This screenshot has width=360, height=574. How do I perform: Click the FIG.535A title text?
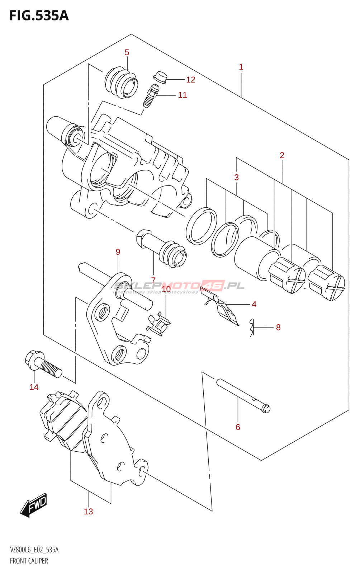pyautogui.click(x=39, y=16)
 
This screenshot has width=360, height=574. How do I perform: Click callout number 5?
pyautogui.click(x=127, y=52)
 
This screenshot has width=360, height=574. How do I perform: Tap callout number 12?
pyautogui.click(x=191, y=80)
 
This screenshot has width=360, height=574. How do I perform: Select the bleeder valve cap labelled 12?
pyautogui.click(x=160, y=77)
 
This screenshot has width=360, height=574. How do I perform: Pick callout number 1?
pyautogui.click(x=241, y=67)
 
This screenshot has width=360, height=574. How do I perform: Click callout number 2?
pyautogui.click(x=282, y=155)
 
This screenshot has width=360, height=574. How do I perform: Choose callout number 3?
pyautogui.click(x=236, y=177)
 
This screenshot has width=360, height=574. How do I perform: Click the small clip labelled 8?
pyautogui.click(x=252, y=327)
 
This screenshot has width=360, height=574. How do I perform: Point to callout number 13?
pyautogui.click(x=88, y=512)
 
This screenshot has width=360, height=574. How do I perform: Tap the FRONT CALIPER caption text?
pyautogui.click(x=29, y=561)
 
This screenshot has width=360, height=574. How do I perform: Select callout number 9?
pyautogui.click(x=118, y=252)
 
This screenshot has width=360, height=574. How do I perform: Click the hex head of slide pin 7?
pyautogui.click(x=142, y=238)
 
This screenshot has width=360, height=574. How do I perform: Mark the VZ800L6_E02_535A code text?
pyautogui.click(x=34, y=550)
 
